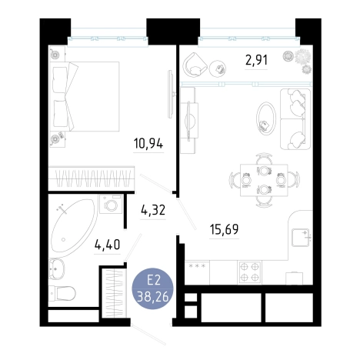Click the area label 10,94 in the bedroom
148,144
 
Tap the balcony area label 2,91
256,60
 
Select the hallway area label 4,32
153,210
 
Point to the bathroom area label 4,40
107,245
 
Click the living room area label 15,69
224,229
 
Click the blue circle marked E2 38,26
152,288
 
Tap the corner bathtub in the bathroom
73,225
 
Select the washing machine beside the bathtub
111,204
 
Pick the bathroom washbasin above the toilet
57,268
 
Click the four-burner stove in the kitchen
249,272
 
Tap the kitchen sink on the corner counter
301,237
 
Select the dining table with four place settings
264,180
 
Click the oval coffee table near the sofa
266,118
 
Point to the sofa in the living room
295,118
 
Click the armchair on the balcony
195,65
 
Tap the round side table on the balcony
218,68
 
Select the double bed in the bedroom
85,96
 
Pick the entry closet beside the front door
114,293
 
